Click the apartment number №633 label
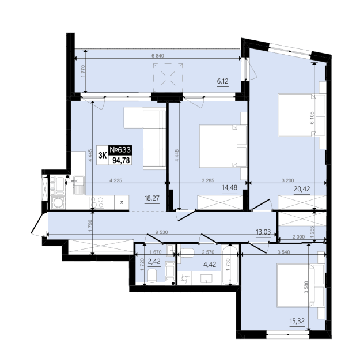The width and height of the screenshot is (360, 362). pos(120,150)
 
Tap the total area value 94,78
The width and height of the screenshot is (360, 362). pos(121,160)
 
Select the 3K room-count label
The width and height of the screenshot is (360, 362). pos(103,156)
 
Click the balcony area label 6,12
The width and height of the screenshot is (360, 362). pos(222,81)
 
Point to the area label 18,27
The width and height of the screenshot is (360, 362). pos(151,198)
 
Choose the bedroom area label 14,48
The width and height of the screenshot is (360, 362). pos(229,187)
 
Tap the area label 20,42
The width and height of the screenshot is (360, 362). pos(302,189)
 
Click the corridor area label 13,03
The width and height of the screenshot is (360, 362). pos(263,232)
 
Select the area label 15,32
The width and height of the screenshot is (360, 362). pos(297,321)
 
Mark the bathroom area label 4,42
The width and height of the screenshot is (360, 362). pos(210,265)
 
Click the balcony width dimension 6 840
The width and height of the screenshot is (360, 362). pos(158,56)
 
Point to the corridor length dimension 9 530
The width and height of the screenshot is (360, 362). pos(161,232)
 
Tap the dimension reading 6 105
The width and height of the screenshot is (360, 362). pos(312,118)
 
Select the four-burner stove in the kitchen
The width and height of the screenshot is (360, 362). pos(97,202)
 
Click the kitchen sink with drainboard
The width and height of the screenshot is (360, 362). pos(79,185)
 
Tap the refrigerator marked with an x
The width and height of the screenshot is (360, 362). pos(122,202)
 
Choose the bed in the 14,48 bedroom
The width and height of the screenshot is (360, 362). pos(223,146)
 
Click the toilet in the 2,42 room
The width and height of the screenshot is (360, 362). pos(152,276)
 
